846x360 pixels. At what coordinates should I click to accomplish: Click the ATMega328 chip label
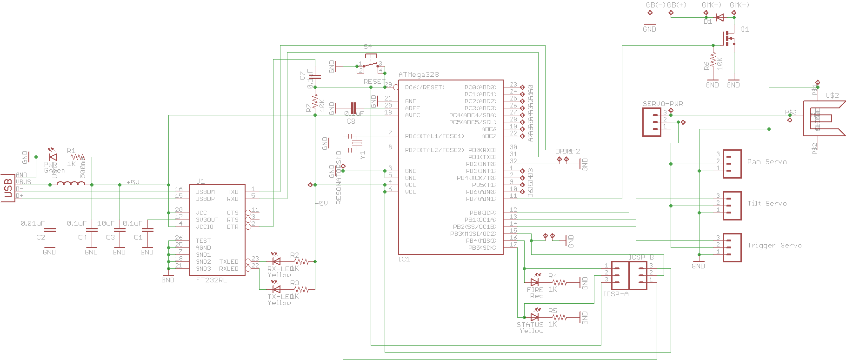418,74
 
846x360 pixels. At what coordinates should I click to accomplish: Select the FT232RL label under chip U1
212,280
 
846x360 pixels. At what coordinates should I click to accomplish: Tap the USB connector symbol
8,188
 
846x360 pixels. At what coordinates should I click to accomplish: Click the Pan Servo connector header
732,163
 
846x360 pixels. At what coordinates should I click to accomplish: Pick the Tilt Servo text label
767,203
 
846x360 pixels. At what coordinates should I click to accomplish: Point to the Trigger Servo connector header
732,247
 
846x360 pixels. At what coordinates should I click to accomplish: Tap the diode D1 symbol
719,18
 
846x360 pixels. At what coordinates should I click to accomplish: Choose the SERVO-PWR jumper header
652,122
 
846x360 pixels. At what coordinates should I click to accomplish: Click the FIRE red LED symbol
535,282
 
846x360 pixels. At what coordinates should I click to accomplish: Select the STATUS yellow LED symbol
535,317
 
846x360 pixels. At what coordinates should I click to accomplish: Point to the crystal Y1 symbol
356,143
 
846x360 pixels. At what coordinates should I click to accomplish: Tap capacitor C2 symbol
49,230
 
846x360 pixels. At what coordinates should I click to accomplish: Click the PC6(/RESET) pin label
425,87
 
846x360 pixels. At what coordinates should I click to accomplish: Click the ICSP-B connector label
641,257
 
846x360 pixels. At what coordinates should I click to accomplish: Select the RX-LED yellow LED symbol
276,261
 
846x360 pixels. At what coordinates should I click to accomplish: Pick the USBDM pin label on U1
205,192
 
